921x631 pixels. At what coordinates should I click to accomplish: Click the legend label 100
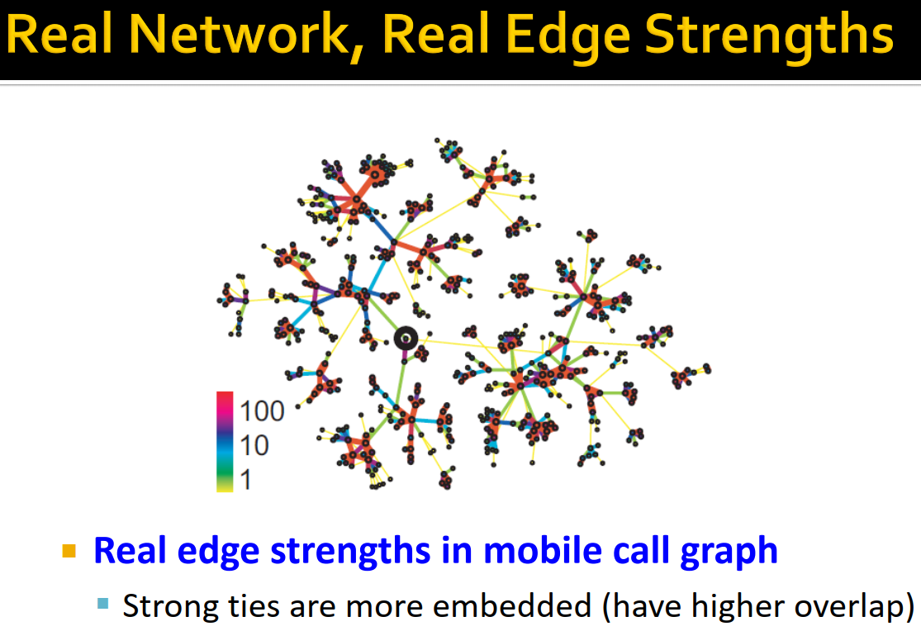[x=261, y=410]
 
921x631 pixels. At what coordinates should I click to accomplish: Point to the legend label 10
[x=254, y=445]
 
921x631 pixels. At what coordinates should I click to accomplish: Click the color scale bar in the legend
[x=225, y=442]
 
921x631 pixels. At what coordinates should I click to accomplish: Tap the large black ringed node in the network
[x=405, y=338]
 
